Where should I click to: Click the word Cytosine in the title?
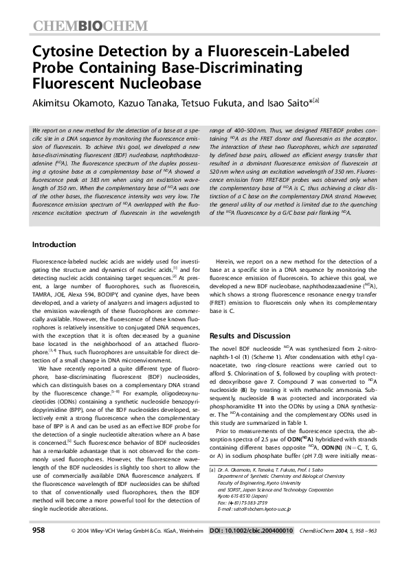[65, 54]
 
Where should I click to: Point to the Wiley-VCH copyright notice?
[137, 551]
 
